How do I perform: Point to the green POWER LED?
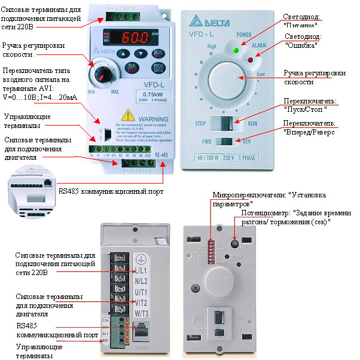[236, 50]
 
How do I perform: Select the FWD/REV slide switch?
[226, 142]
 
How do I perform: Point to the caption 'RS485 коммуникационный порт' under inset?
[111, 192]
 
